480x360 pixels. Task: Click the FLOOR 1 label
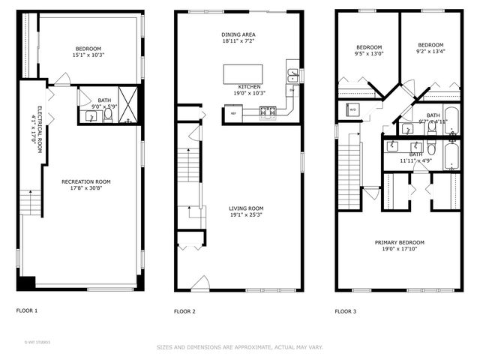pyautogui.click(x=27, y=310)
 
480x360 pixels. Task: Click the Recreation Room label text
pyautogui.click(x=86, y=181)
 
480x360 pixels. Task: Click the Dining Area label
pyautogui.click(x=238, y=34)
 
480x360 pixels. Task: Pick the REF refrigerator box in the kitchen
pyautogui.click(x=233, y=113)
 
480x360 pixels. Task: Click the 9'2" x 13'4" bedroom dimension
pyautogui.click(x=430, y=52)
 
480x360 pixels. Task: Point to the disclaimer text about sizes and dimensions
pyautogui.click(x=240, y=347)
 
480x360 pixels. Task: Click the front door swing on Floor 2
pyautogui.click(x=200, y=283)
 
